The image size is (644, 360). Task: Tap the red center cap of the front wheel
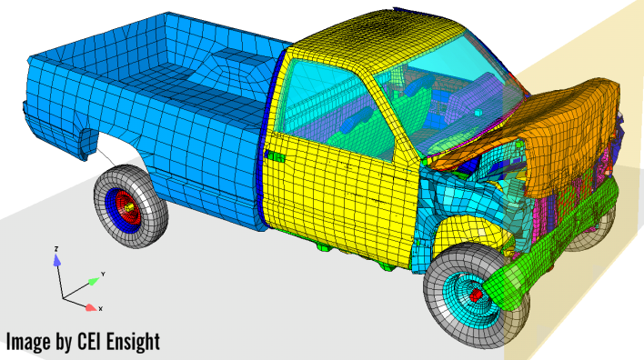pyautogui.click(x=476, y=295)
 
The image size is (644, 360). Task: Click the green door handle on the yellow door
pyautogui.click(x=276, y=156)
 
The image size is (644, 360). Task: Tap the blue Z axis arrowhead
pyautogui.click(x=57, y=259)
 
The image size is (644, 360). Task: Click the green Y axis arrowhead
pyautogui.click(x=93, y=282)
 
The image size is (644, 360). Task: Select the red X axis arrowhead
pyautogui.click(x=90, y=307)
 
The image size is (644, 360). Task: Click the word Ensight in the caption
pyautogui.click(x=133, y=342)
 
